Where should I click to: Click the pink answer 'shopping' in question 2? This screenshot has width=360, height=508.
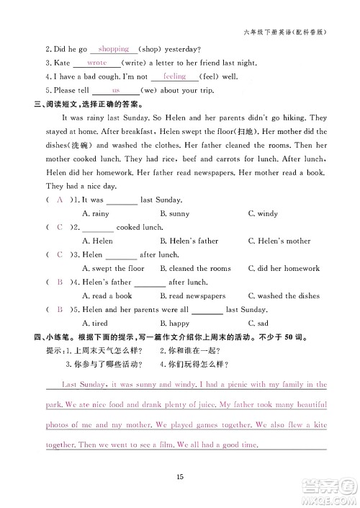click(113, 49)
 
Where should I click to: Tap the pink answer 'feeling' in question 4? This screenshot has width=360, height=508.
click(175, 76)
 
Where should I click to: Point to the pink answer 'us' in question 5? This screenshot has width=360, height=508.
click(116, 90)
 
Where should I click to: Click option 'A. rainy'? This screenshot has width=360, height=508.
click(96, 213)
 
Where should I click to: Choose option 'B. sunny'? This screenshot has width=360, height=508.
click(174, 213)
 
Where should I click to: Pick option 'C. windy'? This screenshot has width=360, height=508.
click(263, 213)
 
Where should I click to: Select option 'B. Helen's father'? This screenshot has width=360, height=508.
click(189, 241)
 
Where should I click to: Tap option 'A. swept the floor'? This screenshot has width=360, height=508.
click(114, 268)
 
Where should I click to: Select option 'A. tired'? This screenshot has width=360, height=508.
click(95, 323)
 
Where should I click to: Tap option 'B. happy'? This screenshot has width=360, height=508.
click(174, 323)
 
